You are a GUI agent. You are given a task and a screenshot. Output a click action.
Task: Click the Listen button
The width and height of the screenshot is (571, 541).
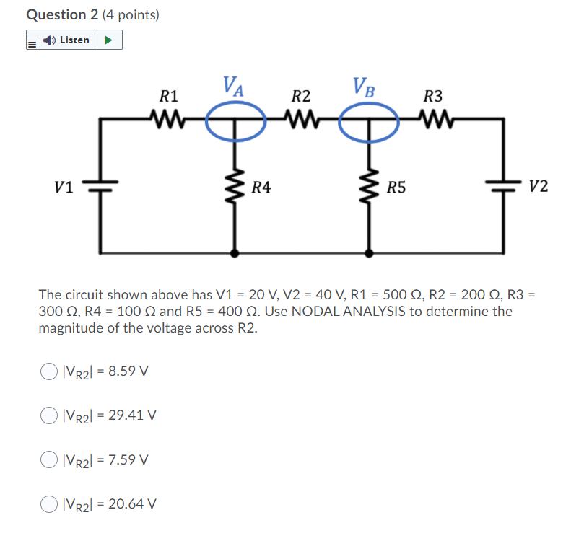pos(68,40)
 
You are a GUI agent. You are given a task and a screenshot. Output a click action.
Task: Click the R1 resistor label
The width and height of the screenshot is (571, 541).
pos(169,95)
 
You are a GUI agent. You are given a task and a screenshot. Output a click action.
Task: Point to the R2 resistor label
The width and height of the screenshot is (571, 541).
pos(301,95)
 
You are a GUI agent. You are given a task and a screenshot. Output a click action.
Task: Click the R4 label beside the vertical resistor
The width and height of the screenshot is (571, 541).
pos(261,188)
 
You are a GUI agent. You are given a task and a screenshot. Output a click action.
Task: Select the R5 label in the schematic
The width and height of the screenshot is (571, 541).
pos(396,188)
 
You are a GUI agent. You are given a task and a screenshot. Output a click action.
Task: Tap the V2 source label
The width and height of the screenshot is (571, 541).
pos(538,188)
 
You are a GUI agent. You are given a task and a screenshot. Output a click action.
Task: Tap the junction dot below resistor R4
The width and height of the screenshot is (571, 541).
pos(235,253)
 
